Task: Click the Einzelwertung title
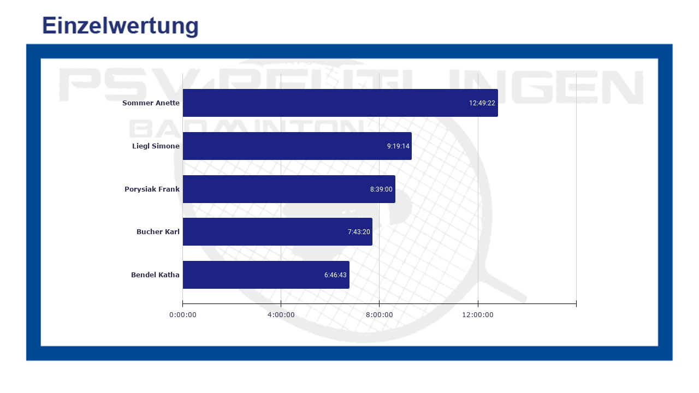(120, 26)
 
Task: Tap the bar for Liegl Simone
(284, 146)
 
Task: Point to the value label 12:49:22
(482, 103)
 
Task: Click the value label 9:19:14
(398, 146)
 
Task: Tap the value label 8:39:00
(381, 189)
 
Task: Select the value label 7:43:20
(359, 232)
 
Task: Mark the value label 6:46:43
(335, 275)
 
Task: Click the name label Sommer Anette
(151, 103)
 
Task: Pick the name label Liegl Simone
(156, 146)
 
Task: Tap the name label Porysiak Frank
(152, 189)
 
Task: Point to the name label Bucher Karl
(158, 232)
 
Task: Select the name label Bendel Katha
(155, 275)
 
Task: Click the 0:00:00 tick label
(182, 314)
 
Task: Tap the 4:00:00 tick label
(281, 314)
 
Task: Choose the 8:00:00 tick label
(380, 314)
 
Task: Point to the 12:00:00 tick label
(478, 314)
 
